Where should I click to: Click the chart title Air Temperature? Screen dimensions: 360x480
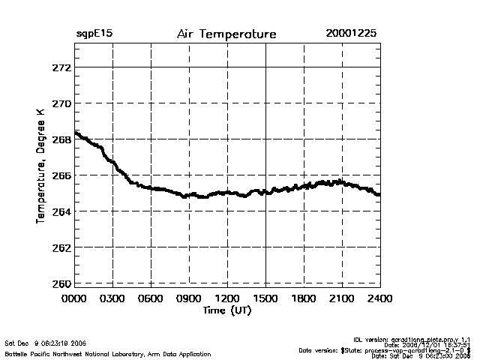(226, 34)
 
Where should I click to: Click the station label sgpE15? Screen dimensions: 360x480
(94, 34)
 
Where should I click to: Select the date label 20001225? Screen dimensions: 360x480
(351, 34)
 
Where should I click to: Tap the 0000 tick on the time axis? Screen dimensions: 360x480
(74, 298)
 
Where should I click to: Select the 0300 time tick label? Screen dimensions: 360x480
(112, 298)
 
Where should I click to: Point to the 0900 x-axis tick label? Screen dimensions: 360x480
(189, 298)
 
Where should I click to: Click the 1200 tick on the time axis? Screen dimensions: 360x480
(227, 298)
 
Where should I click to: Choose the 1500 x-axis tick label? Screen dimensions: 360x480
(265, 298)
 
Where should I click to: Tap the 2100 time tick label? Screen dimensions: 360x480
(342, 298)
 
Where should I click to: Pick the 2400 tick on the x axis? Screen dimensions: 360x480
(379, 298)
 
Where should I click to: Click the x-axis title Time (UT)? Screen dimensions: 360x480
(226, 310)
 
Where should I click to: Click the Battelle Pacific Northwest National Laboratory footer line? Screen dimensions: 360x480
(108, 353)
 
